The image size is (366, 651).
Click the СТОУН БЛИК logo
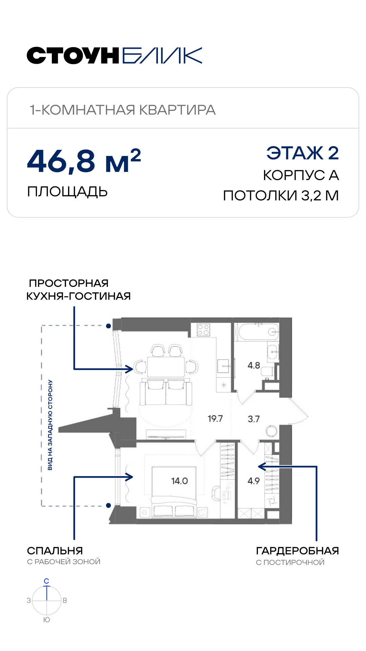coord(115,56)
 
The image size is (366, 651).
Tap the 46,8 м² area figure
coord(84,161)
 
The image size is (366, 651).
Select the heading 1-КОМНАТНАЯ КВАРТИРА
coord(123,110)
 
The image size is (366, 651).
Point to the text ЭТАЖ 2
coord(303,153)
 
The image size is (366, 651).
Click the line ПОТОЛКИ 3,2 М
coord(281,196)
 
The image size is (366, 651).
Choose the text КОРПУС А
coord(301,175)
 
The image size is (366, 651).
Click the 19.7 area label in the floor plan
coord(215,418)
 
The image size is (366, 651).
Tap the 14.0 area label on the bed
coord(179,481)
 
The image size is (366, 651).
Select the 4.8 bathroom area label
coord(254,366)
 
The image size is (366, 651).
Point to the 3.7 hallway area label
coord(253,419)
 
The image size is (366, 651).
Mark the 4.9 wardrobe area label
coord(253,481)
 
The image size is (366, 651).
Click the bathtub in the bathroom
coord(259,332)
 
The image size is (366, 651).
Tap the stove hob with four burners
coord(203,330)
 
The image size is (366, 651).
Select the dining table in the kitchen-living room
coord(166,367)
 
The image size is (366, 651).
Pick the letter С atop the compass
coord(46,581)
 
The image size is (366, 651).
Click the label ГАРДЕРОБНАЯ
coord(297,551)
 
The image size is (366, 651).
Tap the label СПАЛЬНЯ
coord(55,551)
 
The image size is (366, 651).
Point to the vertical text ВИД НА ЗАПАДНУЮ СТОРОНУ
coord(50,425)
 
